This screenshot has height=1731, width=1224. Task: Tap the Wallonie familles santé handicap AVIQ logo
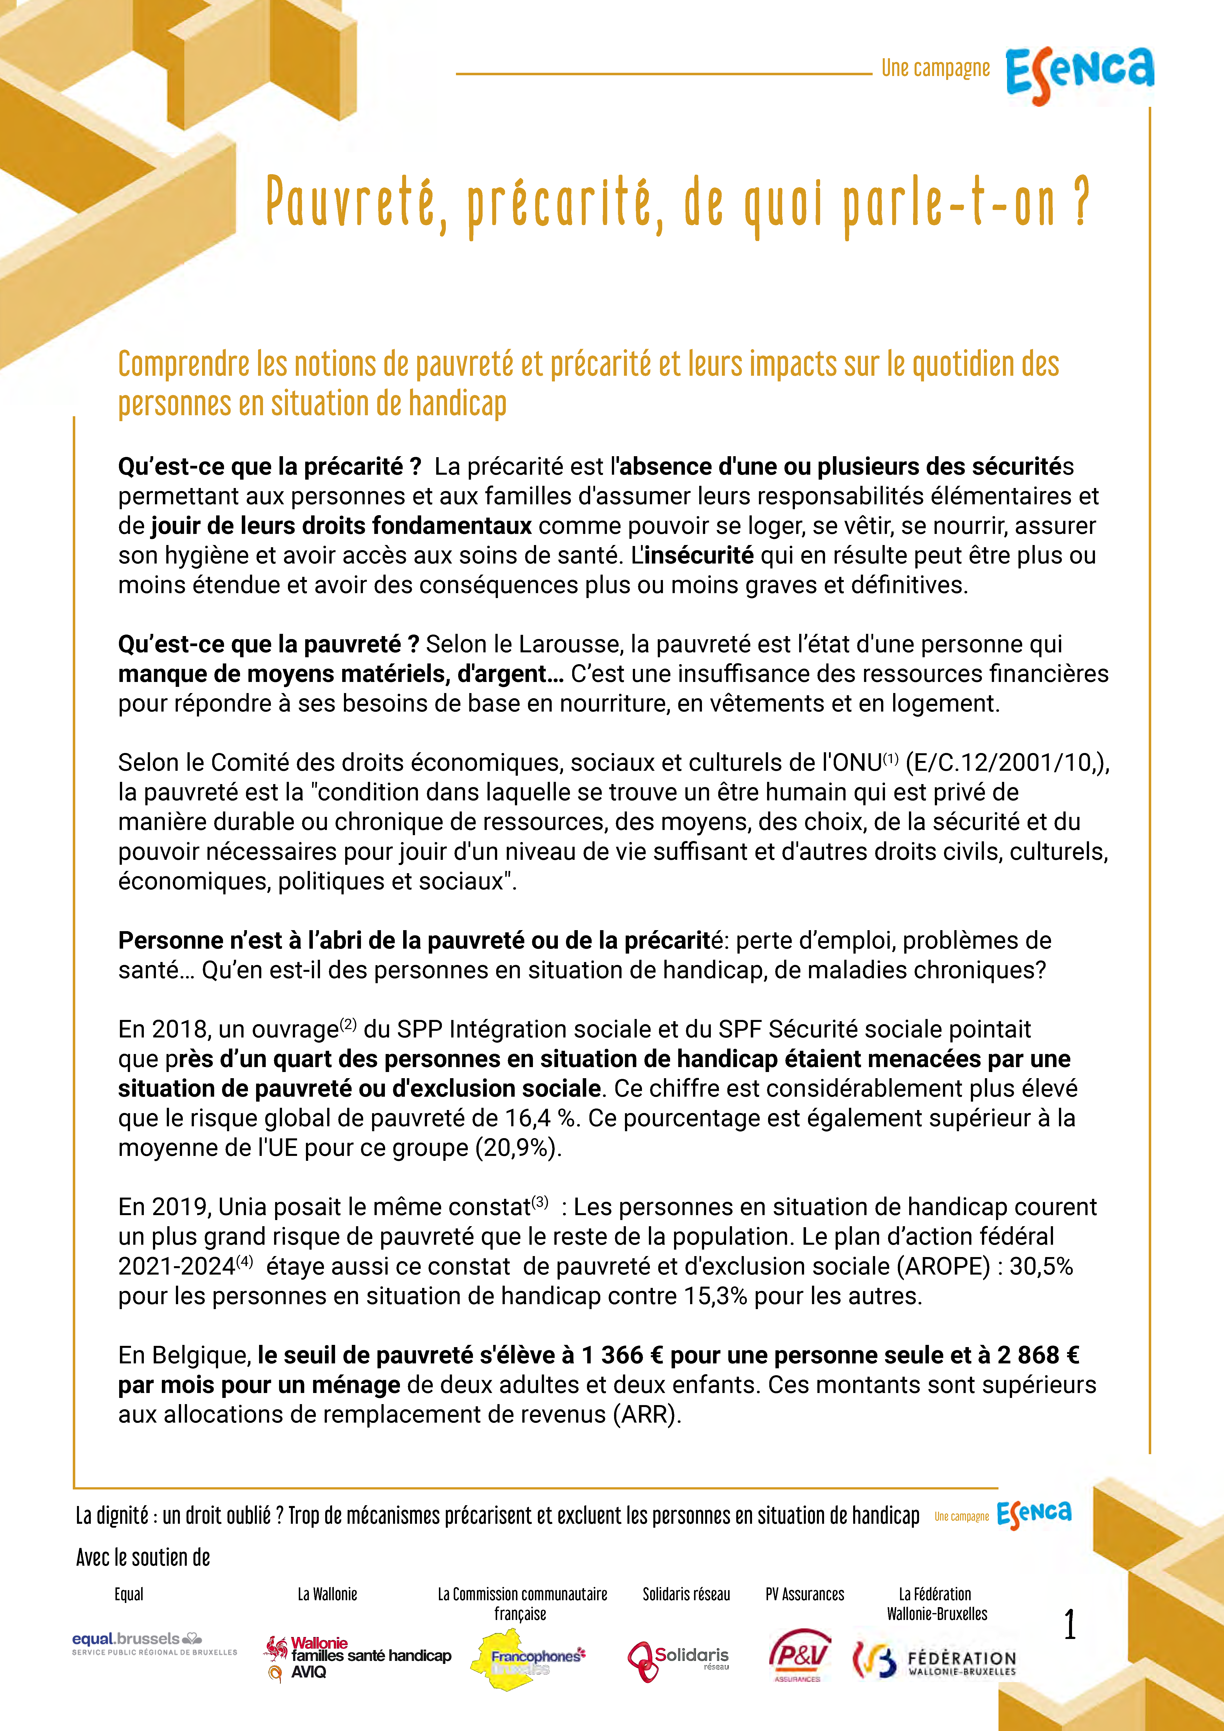coord(358,1657)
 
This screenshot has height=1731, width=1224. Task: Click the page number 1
coord(1069,1624)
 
